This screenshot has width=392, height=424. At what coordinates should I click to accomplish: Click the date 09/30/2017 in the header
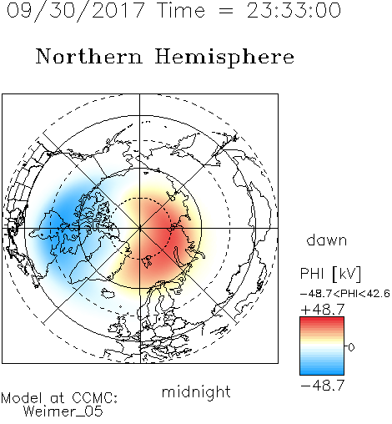coord(75,10)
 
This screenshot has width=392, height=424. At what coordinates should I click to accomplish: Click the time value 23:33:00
coord(294,10)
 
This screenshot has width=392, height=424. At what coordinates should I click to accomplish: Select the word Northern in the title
coord(89,56)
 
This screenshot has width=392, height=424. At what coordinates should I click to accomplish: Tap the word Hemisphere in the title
coord(224,57)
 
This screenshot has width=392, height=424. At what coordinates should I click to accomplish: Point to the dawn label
coord(327,240)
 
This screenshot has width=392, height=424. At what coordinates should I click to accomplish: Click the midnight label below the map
coord(196,392)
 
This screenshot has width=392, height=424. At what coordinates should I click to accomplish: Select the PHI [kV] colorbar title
coord(330,274)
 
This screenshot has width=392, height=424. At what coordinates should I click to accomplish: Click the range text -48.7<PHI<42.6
coord(345,294)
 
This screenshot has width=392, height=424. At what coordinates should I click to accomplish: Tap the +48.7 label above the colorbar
coord(323,310)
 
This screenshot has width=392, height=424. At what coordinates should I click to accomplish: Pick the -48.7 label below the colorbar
coord(323,386)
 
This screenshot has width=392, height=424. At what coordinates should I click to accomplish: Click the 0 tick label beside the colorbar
coord(351,347)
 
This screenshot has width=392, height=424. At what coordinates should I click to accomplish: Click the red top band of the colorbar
coord(322,321)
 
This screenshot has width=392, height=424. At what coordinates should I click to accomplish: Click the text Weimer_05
coord(63,411)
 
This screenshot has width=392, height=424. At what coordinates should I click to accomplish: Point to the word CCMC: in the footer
coord(95,398)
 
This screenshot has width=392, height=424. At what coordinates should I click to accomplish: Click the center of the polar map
coord(140,228)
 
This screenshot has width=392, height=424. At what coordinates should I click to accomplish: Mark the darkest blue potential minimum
coord(59,220)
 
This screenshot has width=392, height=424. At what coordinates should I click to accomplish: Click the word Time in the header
coord(181,10)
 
